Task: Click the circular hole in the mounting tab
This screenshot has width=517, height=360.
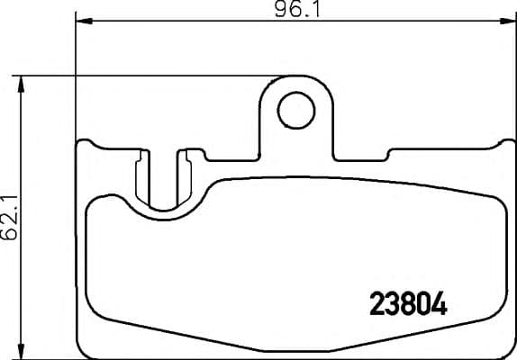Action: [292, 112]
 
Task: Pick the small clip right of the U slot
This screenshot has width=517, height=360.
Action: [187, 175]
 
